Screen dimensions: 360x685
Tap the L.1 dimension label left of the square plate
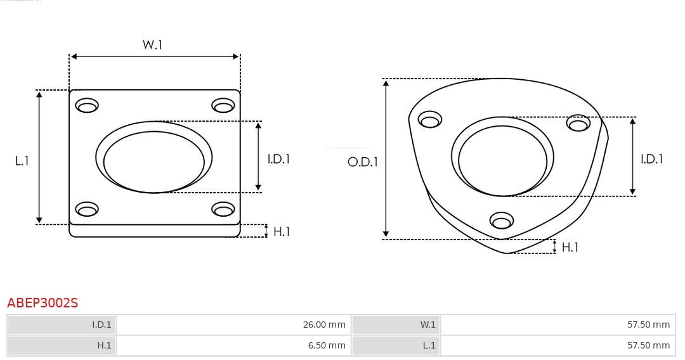22,161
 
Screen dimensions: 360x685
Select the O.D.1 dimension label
362,162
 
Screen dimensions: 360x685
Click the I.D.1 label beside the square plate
278,159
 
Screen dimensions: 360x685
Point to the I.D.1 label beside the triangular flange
651,159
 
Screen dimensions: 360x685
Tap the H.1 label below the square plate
282,231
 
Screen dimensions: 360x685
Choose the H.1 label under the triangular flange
570,247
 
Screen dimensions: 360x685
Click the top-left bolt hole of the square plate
87,105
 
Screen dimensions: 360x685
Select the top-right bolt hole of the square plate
223,105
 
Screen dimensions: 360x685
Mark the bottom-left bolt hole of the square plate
87,209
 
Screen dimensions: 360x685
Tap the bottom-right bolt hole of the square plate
223,209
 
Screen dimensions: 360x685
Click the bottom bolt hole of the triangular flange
502,221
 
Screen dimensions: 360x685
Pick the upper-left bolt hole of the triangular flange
430,120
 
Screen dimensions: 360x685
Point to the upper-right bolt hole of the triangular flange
578,123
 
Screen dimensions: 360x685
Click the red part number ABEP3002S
42,303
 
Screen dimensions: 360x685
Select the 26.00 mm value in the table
324,325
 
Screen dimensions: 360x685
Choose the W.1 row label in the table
428,325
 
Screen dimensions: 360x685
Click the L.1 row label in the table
429,345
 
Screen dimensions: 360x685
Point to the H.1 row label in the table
104,345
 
